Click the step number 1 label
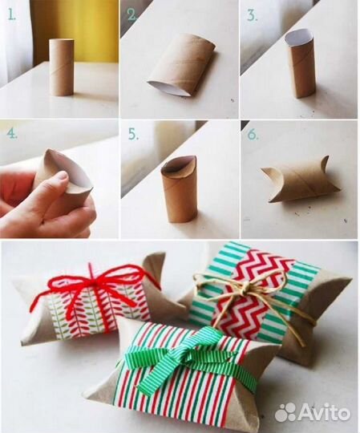click(x=12, y=14)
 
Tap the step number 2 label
click(x=132, y=15)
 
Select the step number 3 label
click(x=252, y=15)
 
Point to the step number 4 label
click(x=12, y=134)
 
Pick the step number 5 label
click(x=133, y=135)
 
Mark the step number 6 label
click(x=252, y=135)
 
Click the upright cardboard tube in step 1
click(x=62, y=67)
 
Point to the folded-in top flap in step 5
click(x=176, y=170)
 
